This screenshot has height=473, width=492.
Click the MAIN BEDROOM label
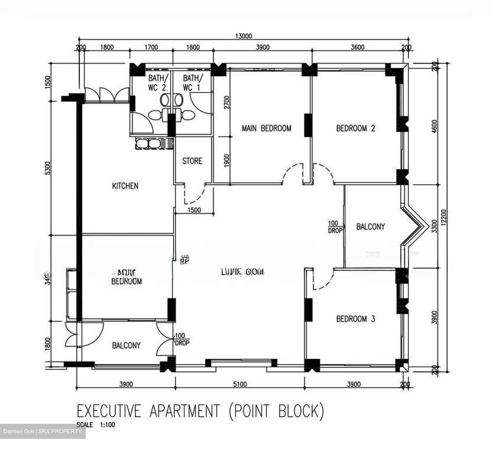(x=266, y=129)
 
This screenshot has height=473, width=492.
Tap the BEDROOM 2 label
(x=356, y=129)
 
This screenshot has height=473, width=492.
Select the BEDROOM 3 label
(x=356, y=319)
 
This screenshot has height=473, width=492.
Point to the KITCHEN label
(x=125, y=186)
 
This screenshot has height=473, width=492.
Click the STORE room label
(x=192, y=161)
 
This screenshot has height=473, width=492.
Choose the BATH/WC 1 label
(x=193, y=83)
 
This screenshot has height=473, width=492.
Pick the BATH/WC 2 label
(x=157, y=83)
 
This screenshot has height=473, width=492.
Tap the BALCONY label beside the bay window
(x=370, y=227)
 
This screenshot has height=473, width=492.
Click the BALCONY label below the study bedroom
(x=126, y=346)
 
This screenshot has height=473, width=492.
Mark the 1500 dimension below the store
(x=194, y=210)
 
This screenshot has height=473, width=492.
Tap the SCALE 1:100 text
(x=96, y=425)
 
